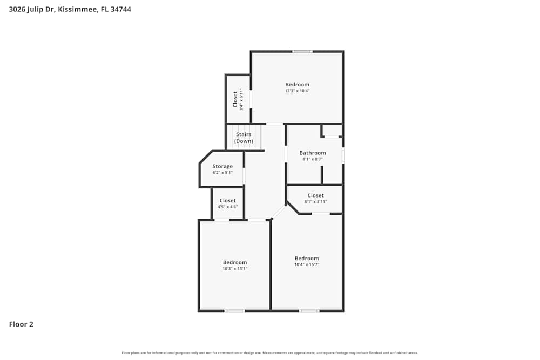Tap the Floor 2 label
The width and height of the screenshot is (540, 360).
pyautogui.click(x=21, y=324)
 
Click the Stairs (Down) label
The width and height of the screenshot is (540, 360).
pyautogui.click(x=244, y=138)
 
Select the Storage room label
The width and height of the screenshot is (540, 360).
pyautogui.click(x=222, y=166)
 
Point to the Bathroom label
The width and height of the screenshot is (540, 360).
pyautogui.click(x=313, y=153)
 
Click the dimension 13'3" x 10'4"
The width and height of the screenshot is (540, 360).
pyautogui.click(x=297, y=91)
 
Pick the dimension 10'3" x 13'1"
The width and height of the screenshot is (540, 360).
pyautogui.click(x=235, y=269)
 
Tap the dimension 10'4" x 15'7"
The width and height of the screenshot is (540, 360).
pyautogui.click(x=307, y=264)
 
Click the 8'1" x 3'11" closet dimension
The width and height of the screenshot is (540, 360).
pyautogui.click(x=315, y=201)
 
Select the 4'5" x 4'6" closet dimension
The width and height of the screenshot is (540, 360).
pyautogui.click(x=227, y=207)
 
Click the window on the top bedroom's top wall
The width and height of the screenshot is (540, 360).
pyautogui.click(x=302, y=51)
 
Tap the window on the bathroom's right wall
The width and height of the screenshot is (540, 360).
pyautogui.click(x=343, y=156)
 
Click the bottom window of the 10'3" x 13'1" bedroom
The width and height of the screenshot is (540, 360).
pyautogui.click(x=234, y=311)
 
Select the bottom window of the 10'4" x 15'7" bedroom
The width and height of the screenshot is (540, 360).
pyautogui.click(x=309, y=311)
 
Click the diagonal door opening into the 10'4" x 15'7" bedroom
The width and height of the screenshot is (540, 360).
pyautogui.click(x=279, y=212)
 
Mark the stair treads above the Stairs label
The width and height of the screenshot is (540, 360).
pyautogui.click(x=247, y=129)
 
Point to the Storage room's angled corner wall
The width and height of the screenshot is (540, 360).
pyautogui.click(x=205, y=157)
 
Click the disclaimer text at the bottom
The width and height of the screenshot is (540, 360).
pyautogui.click(x=270, y=353)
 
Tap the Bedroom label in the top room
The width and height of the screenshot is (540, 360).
pyautogui.click(x=297, y=84)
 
